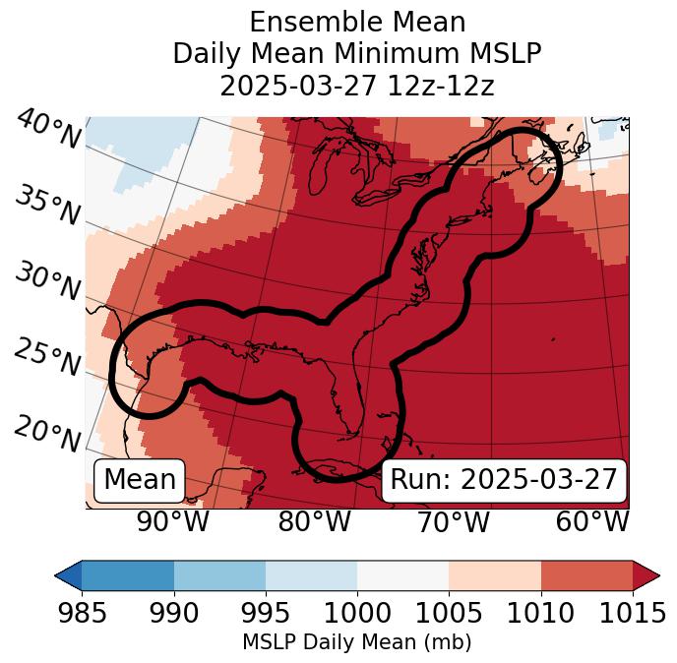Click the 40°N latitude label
(48, 130)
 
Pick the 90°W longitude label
(173, 522)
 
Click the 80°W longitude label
(315, 522)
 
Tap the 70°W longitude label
(454, 522)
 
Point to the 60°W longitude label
(592, 522)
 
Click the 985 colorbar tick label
(81, 614)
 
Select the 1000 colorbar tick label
(356, 614)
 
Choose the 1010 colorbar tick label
(540, 614)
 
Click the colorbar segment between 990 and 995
(219, 574)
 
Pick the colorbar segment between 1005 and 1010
(495, 574)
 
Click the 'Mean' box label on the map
(140, 480)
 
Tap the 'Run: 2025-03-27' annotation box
(504, 480)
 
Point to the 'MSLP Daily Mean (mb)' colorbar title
(356, 643)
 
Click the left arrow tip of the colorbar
(59, 574)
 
